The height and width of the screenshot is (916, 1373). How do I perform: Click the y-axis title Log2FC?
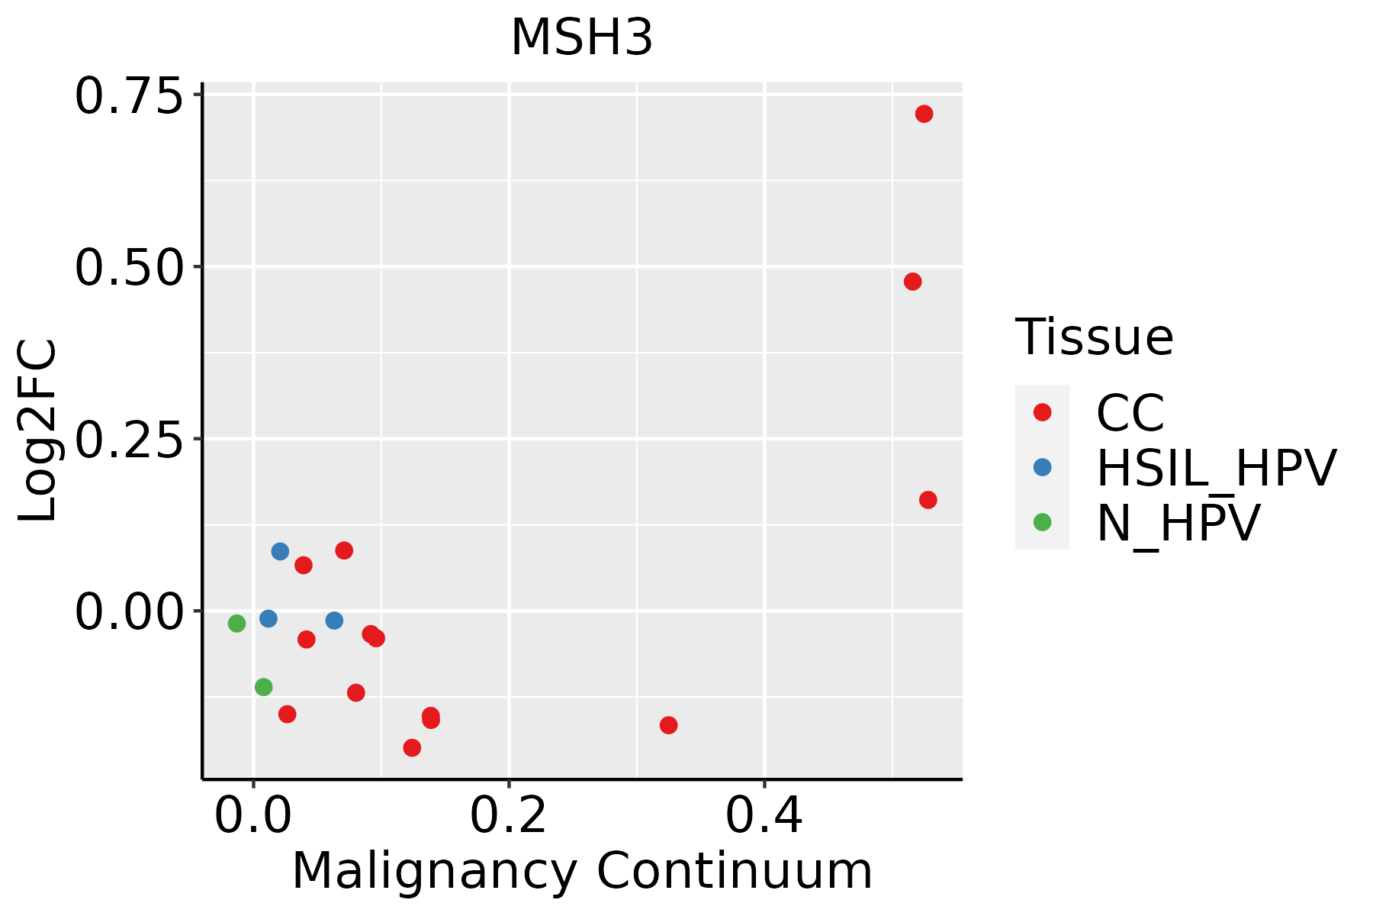[38, 431]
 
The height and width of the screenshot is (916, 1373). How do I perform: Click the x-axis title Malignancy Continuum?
[581, 872]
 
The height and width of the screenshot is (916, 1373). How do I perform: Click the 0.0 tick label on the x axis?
[253, 815]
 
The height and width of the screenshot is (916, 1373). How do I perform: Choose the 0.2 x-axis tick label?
[508, 815]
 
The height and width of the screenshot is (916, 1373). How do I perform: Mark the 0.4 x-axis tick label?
[764, 815]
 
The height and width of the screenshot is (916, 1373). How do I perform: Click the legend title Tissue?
[1094, 337]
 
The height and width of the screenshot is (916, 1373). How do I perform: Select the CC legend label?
[1130, 413]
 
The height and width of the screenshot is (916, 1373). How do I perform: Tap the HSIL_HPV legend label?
[1216, 468]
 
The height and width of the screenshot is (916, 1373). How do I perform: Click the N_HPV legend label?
[1178, 523]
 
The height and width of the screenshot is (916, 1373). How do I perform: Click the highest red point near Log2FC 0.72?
[924, 114]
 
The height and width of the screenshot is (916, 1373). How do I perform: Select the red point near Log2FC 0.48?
[912, 282]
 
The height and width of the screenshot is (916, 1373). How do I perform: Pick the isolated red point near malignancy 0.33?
[668, 725]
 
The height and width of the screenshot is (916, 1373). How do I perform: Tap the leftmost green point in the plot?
[236, 624]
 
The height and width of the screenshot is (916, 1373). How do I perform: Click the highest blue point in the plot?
[280, 551]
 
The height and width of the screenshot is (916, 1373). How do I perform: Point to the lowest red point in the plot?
[412, 747]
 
